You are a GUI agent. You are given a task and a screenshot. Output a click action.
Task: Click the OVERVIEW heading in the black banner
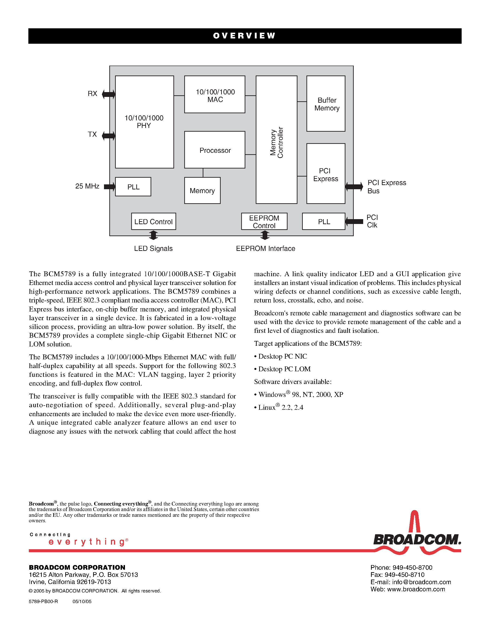point(244,36)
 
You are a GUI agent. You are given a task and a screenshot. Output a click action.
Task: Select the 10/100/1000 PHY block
point(144,122)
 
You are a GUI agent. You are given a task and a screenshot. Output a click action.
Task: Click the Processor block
point(215,150)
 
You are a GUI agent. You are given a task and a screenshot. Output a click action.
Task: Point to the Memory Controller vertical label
point(276,142)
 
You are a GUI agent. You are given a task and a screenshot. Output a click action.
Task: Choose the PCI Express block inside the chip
point(326,174)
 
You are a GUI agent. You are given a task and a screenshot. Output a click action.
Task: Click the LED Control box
point(154,221)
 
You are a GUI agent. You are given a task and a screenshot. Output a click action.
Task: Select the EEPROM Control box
point(264,221)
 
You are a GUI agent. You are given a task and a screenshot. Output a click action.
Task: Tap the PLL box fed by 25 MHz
point(133,187)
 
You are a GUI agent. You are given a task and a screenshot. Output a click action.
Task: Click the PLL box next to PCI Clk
point(324,221)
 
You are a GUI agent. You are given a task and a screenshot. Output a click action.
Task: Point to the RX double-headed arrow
point(109,94)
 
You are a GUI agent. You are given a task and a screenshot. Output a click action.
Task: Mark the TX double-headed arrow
point(109,136)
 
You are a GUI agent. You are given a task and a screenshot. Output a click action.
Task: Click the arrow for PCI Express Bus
point(354,186)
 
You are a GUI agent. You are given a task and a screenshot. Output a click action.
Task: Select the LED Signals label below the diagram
point(153,248)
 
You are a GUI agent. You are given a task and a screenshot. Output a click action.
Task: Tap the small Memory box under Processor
point(202,190)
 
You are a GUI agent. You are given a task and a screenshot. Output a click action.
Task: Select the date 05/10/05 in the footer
point(82,601)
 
